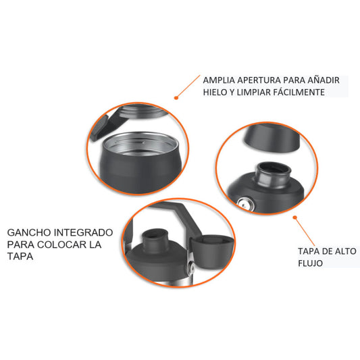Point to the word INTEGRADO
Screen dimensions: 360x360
[83, 232]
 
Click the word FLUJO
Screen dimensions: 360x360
[310, 263]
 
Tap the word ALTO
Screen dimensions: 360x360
[346, 251]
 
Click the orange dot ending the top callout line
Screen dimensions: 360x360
[176, 98]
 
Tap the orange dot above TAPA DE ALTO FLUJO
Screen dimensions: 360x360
[295, 217]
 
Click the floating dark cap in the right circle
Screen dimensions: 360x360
[272, 137]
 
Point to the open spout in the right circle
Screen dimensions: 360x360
[274, 173]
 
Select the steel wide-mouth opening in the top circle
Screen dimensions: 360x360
[140, 144]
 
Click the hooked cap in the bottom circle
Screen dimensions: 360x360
[211, 251]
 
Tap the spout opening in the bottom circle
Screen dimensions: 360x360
[154, 235]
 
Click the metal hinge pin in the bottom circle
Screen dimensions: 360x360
[190, 267]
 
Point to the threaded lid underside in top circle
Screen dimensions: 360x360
[143, 111]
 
